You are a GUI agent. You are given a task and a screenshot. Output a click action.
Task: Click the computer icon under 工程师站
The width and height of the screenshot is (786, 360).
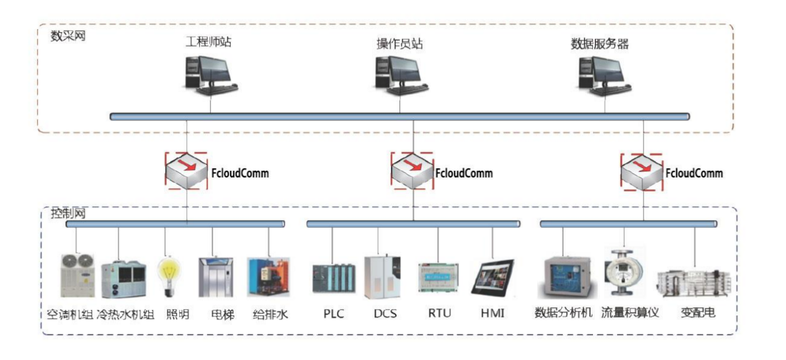pos(210,74)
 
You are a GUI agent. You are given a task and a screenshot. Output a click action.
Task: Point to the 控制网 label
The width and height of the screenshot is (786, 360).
pos(68,213)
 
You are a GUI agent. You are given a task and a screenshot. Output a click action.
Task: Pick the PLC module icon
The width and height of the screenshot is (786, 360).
pos(334,281)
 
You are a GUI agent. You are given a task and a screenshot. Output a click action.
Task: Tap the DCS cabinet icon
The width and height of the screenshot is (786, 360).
pos(381,276)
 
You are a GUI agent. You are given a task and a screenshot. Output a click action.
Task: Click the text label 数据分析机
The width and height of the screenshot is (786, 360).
pos(564,313)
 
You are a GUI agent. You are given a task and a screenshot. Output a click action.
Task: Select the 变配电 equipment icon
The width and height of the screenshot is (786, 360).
pos(694,283)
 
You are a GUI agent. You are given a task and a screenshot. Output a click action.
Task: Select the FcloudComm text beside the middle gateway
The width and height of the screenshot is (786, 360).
pos(463,173)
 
